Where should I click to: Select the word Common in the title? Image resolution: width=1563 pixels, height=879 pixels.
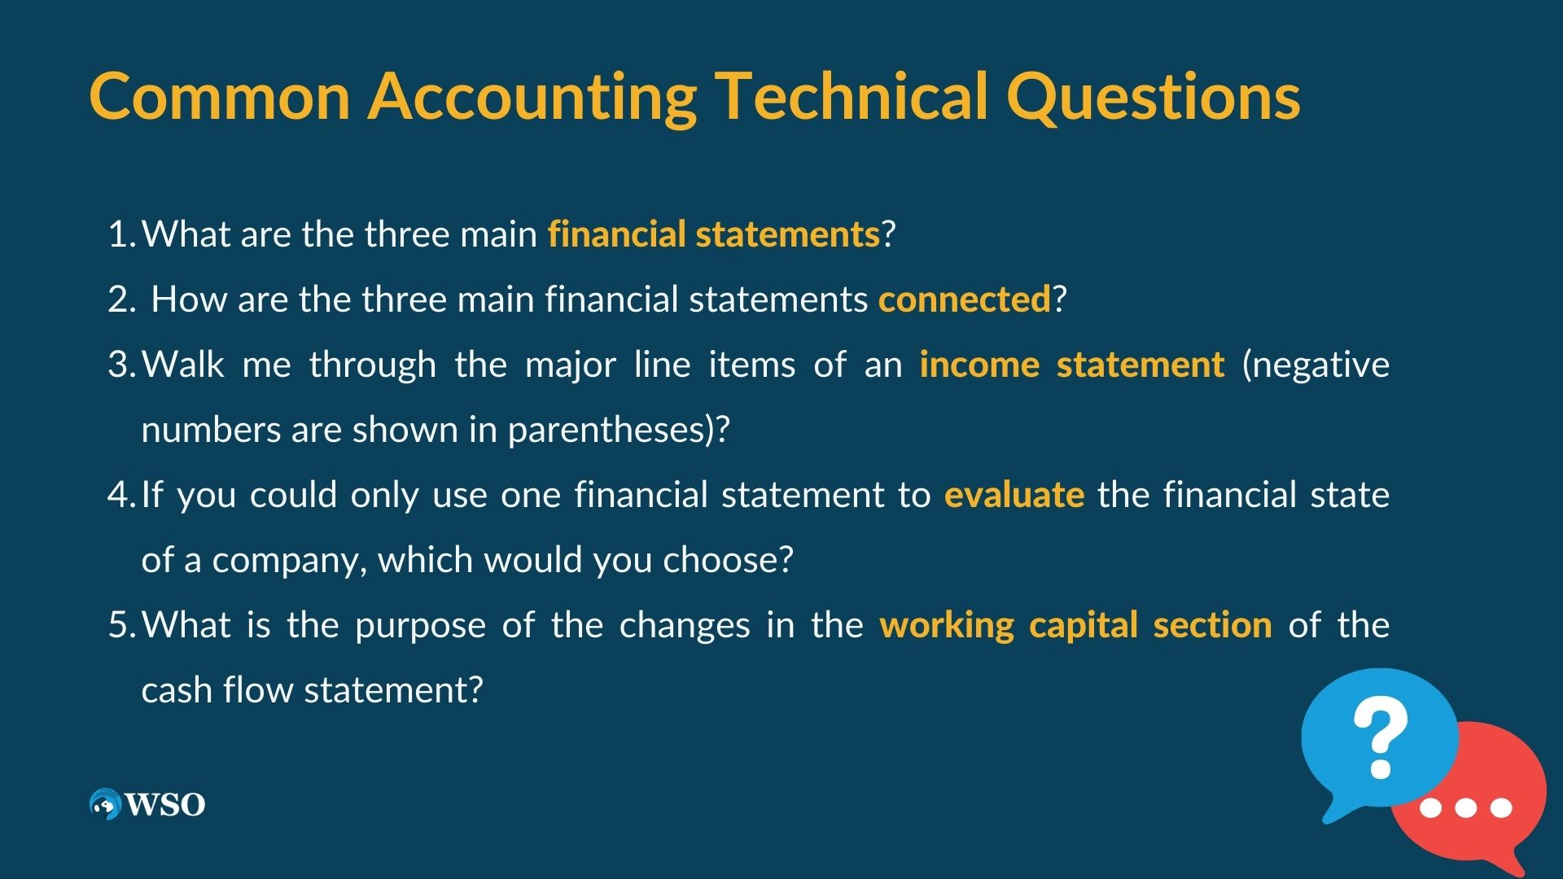[220, 96]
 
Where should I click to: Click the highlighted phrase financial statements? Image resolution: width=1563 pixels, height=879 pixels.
[714, 234]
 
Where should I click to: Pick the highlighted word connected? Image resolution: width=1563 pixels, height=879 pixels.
[965, 300]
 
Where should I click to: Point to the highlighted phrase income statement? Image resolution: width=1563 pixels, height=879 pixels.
[1071, 365]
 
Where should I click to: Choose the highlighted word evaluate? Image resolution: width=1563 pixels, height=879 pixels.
[1014, 495]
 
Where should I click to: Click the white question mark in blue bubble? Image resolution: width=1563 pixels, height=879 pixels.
[1381, 739]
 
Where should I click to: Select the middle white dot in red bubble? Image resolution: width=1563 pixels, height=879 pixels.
[1465, 808]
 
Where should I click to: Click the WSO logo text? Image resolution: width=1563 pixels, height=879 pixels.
[165, 805]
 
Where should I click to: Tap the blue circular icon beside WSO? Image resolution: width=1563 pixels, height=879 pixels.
[105, 804]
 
